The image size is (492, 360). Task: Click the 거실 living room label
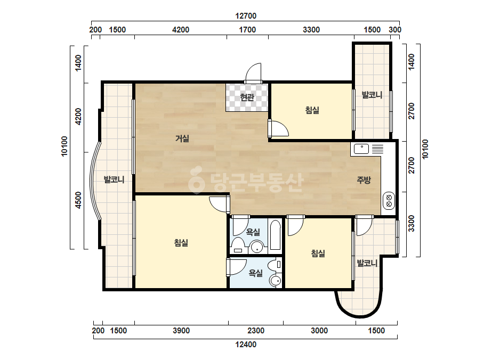pos(182,138)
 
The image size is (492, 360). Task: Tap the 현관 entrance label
pos(247,97)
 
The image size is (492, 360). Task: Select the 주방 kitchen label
pos(364,180)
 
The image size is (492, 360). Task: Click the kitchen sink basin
pos(361,149)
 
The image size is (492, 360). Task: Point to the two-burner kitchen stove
pos(389,201)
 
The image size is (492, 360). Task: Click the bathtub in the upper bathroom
pos(275,235)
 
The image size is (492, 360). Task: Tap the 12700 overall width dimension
pos(246,15)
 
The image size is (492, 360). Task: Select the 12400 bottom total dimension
pos(246,345)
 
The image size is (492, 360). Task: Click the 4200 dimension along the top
pos(181,30)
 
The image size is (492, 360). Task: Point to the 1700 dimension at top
pos(247,30)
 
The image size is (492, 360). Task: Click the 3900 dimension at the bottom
pos(181,331)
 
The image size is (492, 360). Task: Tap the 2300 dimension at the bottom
pos(256,331)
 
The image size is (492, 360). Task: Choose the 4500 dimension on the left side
pos(78,200)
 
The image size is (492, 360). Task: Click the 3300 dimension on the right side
pos(412,223)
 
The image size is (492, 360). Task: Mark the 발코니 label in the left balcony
pos(114,180)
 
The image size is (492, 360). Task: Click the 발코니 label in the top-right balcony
pos(372,95)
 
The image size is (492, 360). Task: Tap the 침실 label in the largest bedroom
pos(181,243)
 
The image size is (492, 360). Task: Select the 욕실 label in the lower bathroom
pos(256,273)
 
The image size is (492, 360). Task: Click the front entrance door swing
pos(253,73)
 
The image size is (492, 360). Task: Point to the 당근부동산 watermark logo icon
pos(196,181)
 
